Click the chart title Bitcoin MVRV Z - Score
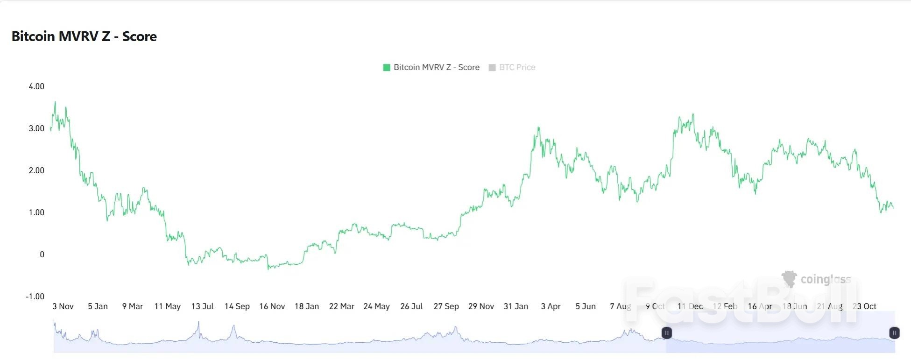[84, 36]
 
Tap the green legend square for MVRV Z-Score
[387, 68]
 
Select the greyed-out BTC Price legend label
[517, 67]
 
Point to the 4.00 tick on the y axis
[36, 86]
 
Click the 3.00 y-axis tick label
[36, 128]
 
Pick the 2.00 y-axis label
[36, 170]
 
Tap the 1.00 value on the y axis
[36, 212]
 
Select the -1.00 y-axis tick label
[35, 296]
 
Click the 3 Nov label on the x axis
[63, 306]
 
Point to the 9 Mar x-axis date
[133, 306]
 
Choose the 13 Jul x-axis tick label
[202, 306]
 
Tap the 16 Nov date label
[272, 306]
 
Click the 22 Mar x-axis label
[342, 306]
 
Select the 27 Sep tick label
[446, 306]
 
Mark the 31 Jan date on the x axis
[516, 306]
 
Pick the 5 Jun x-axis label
[586, 306]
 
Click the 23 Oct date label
[865, 306]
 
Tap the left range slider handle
[667, 333]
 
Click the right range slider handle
[894, 333]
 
